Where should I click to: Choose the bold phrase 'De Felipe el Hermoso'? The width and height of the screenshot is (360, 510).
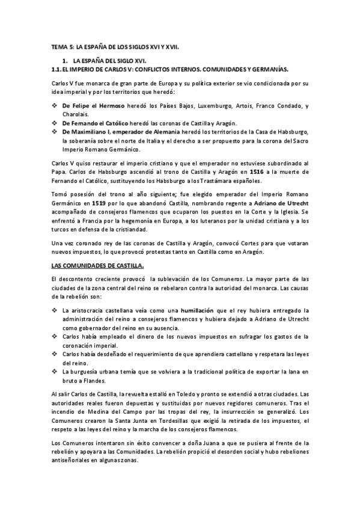pos(93,105)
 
